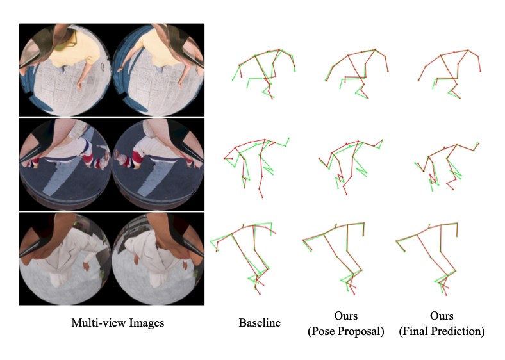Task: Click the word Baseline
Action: pyautogui.click(x=260, y=323)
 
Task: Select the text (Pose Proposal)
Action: pyautogui.click(x=346, y=331)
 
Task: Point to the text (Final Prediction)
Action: pyautogui.click(x=442, y=331)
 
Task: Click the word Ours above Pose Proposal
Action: pyautogui.click(x=346, y=316)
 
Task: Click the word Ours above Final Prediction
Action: pyautogui.click(x=442, y=316)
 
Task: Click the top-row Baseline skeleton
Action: pyautogui.click(x=256, y=56)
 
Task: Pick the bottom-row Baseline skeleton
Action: pyautogui.click(x=232, y=235)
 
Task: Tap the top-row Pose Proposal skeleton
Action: pyautogui.click(x=348, y=56)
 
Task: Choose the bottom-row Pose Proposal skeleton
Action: pyautogui.click(x=324, y=234)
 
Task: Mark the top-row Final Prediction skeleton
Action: pyautogui.click(x=440, y=56)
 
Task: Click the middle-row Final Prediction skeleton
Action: pyautogui.click(x=428, y=157)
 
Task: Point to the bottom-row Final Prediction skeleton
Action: pyautogui.click(x=417, y=234)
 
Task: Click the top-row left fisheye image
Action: pyautogui.click(x=65, y=70)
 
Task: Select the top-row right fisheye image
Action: pyautogui.click(x=158, y=70)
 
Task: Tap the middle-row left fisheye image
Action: pyautogui.click(x=65, y=164)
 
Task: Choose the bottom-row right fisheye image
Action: pyautogui.click(x=158, y=259)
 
